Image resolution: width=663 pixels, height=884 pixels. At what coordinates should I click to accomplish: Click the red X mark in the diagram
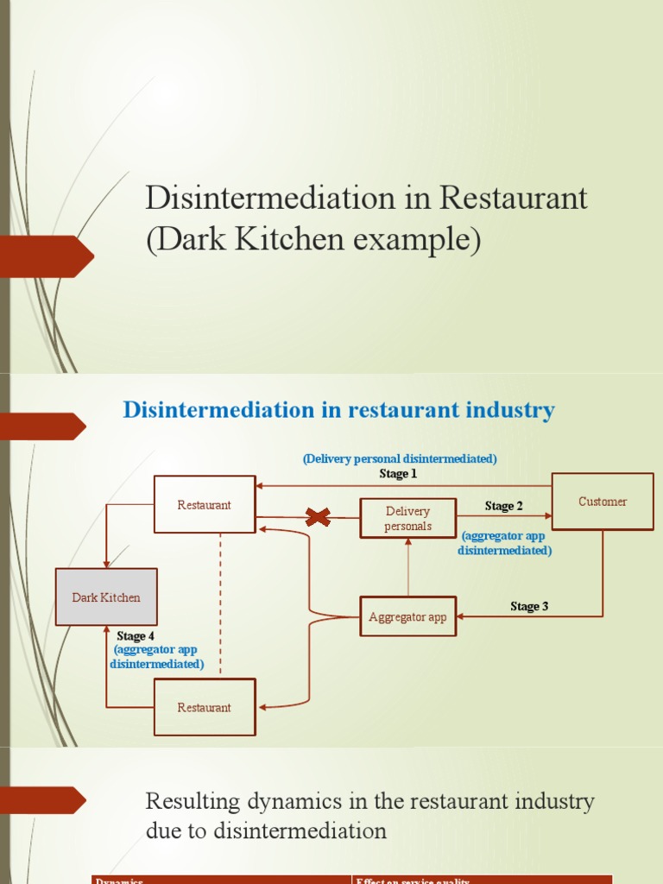pyautogui.click(x=319, y=517)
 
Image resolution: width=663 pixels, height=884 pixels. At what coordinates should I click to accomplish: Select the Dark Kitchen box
pyautogui.click(x=106, y=597)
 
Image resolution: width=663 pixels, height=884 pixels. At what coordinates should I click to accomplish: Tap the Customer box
pyautogui.click(x=603, y=502)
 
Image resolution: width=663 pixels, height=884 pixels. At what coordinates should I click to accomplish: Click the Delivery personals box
pyautogui.click(x=407, y=519)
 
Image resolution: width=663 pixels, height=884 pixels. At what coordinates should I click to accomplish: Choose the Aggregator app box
pyautogui.click(x=407, y=617)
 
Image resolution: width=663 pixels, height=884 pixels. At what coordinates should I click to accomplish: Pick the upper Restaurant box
pyautogui.click(x=205, y=505)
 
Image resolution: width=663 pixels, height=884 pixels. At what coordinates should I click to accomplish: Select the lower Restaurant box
pyautogui.click(x=205, y=707)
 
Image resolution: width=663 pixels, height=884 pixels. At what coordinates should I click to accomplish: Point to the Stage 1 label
pyautogui.click(x=398, y=474)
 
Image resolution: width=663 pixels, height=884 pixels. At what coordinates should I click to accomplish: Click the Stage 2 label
pyautogui.click(x=503, y=506)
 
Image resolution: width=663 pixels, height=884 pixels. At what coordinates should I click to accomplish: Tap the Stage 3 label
pyautogui.click(x=529, y=606)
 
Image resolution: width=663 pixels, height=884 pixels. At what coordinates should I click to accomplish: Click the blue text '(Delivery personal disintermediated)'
pyautogui.click(x=400, y=458)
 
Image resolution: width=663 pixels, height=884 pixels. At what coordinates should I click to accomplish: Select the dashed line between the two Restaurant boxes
pyautogui.click(x=220, y=604)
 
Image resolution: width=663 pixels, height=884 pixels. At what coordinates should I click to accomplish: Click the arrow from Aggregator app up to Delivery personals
pyautogui.click(x=407, y=567)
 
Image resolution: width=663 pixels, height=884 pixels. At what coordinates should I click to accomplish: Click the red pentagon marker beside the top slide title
pyautogui.click(x=47, y=256)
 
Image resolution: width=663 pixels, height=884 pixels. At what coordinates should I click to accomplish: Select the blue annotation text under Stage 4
pyautogui.click(x=157, y=657)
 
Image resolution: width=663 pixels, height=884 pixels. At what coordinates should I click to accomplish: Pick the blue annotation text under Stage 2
pyautogui.click(x=504, y=543)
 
